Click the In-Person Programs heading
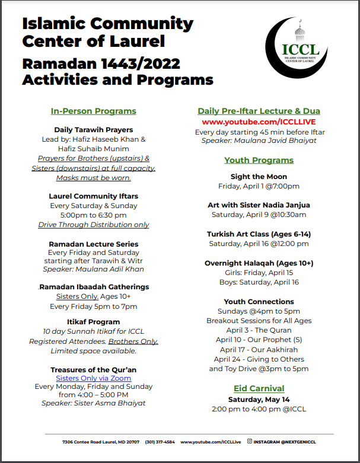pyautogui.click(x=94, y=111)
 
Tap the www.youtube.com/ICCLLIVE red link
pyautogui.click(x=259, y=122)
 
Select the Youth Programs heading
pyautogui.click(x=259, y=160)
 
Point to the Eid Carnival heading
pyautogui.click(x=259, y=388)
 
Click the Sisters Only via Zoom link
pyautogui.click(x=94, y=378)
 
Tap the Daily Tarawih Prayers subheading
pyautogui.click(x=94, y=130)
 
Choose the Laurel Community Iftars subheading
pyautogui.click(x=94, y=196)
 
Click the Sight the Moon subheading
pyautogui.click(x=259, y=177)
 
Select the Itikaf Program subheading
pyautogui.click(x=94, y=322)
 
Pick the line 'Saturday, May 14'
pyautogui.click(x=259, y=400)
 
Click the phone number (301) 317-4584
pyautogui.click(x=160, y=442)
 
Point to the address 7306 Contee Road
pyautogui.click(x=101, y=442)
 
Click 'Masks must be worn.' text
pyautogui.click(x=94, y=178)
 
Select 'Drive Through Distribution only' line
pyautogui.click(x=94, y=225)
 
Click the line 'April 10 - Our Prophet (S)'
pyautogui.click(x=259, y=340)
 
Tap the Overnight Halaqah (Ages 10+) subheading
pyautogui.click(x=259, y=263)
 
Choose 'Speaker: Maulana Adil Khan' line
pyautogui.click(x=94, y=269)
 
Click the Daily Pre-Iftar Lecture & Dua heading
pyautogui.click(x=259, y=111)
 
